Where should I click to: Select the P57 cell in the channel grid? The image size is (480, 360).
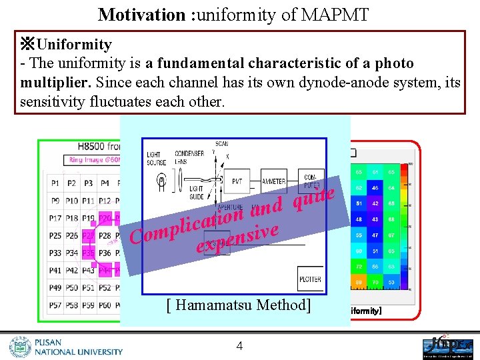coord(55,305)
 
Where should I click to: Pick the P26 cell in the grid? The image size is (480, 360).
coord(71,236)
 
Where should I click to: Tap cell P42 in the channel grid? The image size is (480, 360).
coord(71,271)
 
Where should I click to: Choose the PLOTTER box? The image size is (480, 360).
coord(310,279)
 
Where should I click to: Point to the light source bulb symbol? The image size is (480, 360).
coord(161,179)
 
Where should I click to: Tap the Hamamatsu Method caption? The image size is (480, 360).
coord(239,305)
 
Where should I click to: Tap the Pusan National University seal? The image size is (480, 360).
coord(20,347)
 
